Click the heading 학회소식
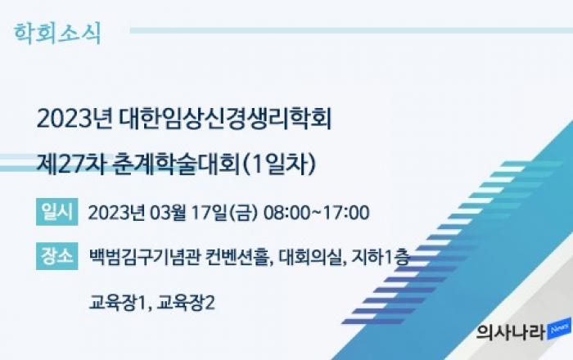[x=57, y=34]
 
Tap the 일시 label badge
[x=57, y=212]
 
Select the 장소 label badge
[x=57, y=256]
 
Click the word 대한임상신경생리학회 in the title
[x=225, y=119]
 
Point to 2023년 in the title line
[x=74, y=119]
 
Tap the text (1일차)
[x=279, y=164]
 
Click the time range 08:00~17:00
[x=317, y=213]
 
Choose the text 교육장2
[x=186, y=303]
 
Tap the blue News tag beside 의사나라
[x=559, y=329]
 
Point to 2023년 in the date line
[x=116, y=213]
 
